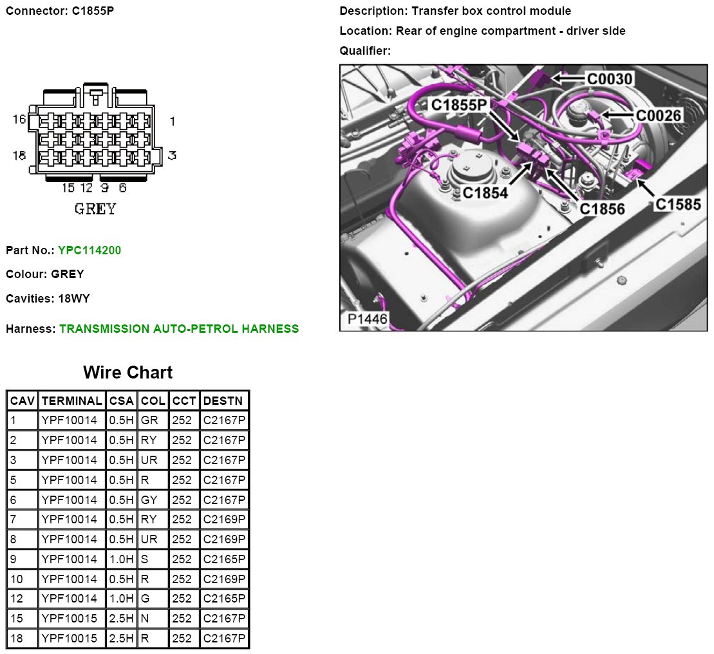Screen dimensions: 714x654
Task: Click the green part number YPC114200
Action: coord(89,250)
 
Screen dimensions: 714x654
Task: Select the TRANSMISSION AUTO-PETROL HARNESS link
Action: coord(179,328)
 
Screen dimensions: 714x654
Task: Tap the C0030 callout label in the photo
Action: coord(609,79)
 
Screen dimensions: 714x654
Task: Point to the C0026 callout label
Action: coord(658,116)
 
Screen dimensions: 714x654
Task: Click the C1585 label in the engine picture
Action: coord(677,204)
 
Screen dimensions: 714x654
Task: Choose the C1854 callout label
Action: coord(485,193)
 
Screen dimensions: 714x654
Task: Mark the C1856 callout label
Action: coord(602,209)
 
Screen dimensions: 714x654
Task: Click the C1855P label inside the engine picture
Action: coord(459,105)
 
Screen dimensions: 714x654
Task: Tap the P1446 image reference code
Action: coord(367,319)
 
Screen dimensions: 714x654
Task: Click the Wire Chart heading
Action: coord(128,372)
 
